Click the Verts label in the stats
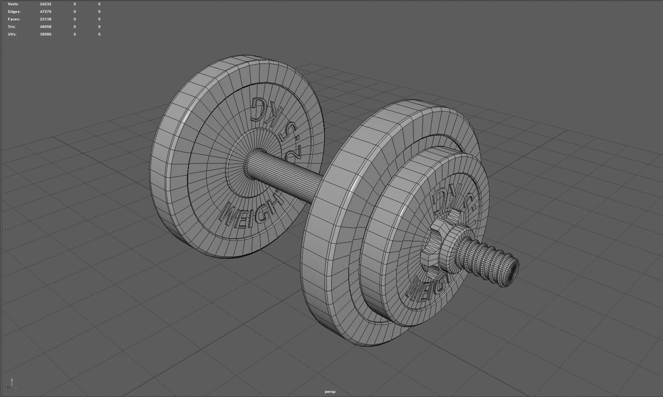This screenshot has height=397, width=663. (x=13, y=4)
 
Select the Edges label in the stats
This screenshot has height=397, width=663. (x=14, y=12)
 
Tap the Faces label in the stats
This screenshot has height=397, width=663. (x=14, y=19)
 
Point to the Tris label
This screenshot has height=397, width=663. (x=12, y=27)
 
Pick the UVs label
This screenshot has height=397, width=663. (x=12, y=34)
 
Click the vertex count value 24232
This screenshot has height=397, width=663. (x=45, y=4)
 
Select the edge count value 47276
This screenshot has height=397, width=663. (x=45, y=12)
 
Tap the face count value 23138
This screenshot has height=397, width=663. (x=45, y=19)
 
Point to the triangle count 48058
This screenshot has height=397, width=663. (x=45, y=27)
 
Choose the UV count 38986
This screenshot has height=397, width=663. (x=45, y=34)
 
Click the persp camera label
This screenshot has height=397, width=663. (x=330, y=392)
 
